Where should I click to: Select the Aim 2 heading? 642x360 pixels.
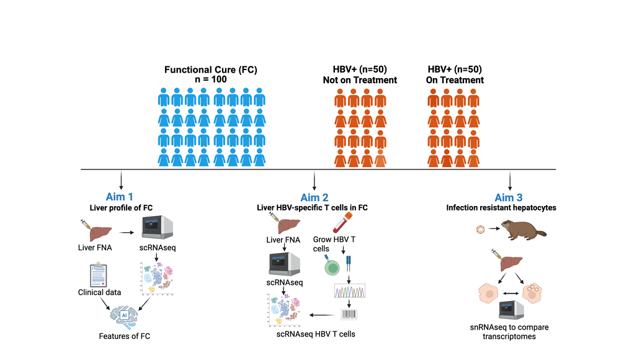314,197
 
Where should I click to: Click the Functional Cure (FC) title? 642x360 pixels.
210,70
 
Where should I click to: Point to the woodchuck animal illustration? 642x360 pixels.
524,233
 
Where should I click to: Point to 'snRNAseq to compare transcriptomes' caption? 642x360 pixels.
510,331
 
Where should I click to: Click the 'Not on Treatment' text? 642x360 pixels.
360,80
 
